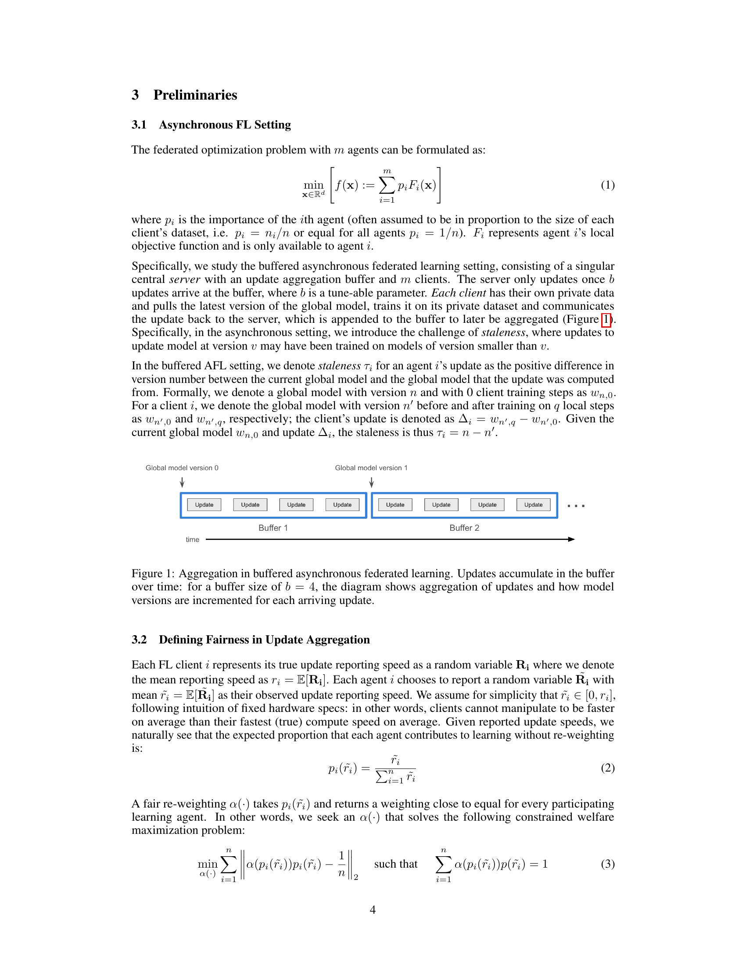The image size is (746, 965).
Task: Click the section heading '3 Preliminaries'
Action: coord(184,95)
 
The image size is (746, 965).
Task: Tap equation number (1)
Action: coord(607,185)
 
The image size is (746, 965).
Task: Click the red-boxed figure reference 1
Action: coord(606,319)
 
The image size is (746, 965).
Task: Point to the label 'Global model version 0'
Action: coord(182,468)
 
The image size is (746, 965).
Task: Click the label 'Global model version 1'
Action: coord(371,468)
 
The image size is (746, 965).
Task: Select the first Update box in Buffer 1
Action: coord(204,504)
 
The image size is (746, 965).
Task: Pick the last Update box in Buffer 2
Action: coord(533,504)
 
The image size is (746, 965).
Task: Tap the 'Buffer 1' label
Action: coord(273,528)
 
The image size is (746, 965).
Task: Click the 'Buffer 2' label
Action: coord(464,528)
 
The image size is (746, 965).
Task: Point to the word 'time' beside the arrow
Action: coord(192,540)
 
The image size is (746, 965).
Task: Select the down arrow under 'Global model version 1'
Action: coord(372,482)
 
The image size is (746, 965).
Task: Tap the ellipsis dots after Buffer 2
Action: coord(576,506)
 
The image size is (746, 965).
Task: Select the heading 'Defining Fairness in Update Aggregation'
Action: coord(264,640)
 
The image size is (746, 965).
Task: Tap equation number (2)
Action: coord(607,768)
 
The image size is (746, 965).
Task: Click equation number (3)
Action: coord(607,864)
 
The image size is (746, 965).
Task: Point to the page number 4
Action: coord(373,910)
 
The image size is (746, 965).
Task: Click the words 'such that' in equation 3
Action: coord(395,864)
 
